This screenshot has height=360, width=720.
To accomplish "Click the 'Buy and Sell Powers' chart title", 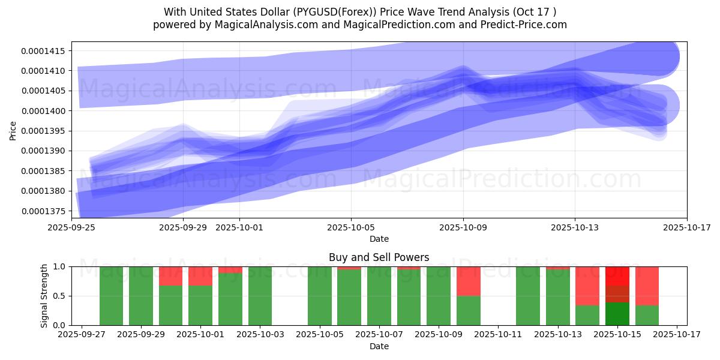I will (379, 257).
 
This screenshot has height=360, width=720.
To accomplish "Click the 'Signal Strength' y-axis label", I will (44, 296).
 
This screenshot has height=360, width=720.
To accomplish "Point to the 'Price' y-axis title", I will (13, 130).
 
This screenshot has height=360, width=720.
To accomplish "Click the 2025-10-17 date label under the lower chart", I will (677, 335).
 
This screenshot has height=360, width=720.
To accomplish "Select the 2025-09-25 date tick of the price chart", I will (72, 227).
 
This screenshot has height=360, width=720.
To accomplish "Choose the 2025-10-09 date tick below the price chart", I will (463, 227).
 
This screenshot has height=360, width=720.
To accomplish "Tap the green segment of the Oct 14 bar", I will (587, 315).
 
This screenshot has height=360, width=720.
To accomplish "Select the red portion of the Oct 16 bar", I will (646, 286).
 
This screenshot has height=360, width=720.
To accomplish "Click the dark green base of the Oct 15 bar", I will (617, 314).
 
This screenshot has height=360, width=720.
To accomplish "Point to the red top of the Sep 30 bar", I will (170, 276).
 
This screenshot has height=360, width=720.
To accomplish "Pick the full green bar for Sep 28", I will (111, 296).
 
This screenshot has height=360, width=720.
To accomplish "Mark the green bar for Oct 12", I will (527, 296).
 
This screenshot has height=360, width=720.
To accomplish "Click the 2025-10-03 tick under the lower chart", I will (260, 335).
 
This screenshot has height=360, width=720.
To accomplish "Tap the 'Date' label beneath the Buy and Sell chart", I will (379, 346).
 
